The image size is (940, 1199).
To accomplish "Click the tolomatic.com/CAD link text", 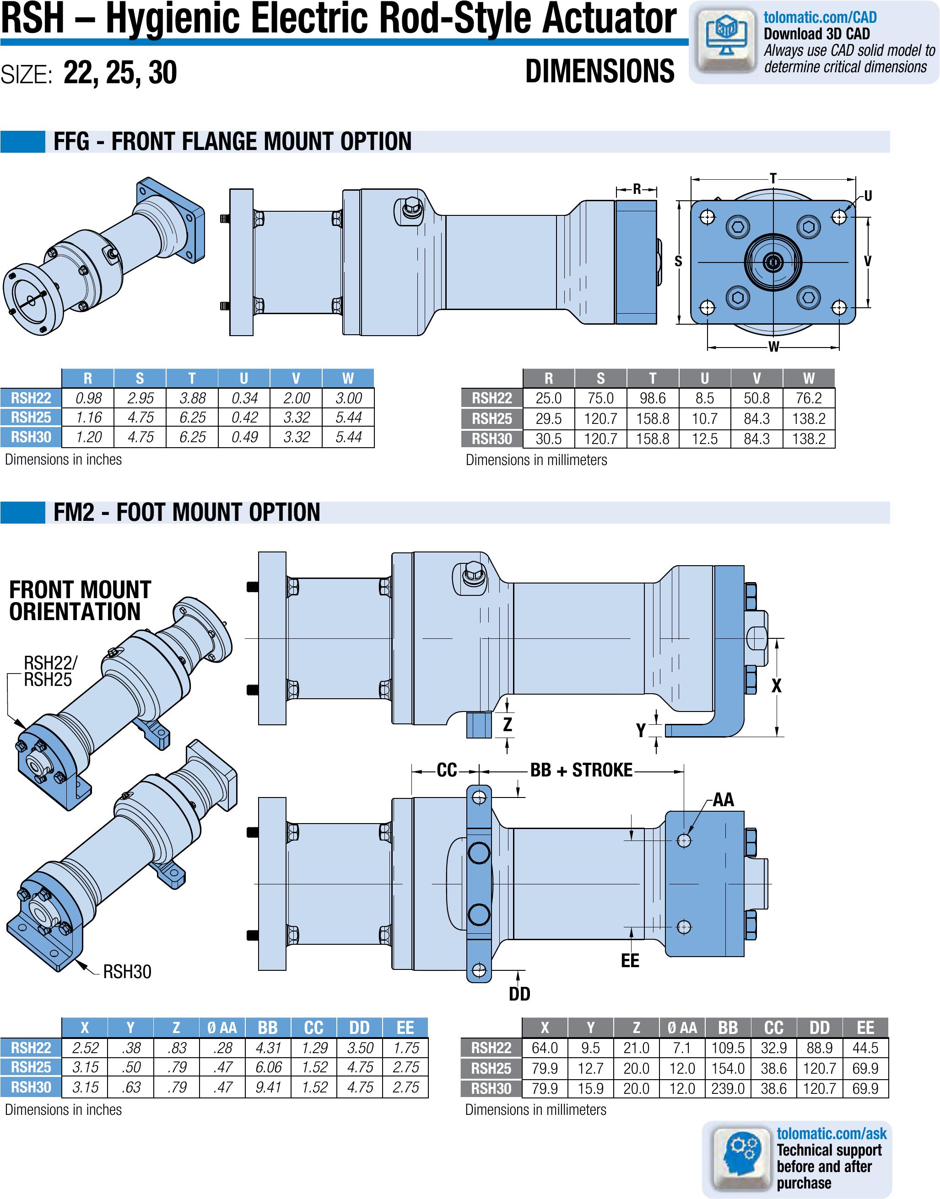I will tap(820, 17).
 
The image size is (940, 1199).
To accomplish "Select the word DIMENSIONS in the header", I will tap(600, 71).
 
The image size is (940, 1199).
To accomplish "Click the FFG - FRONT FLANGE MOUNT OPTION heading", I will tap(232, 141).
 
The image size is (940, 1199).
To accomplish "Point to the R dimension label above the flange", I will tap(637, 189).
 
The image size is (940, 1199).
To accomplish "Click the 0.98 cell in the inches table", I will tap(88, 398).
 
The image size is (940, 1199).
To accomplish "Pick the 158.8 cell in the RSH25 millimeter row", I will tap(652, 418).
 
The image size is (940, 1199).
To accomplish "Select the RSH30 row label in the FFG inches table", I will tap(31, 437).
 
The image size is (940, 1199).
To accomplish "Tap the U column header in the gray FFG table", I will tap(704, 378).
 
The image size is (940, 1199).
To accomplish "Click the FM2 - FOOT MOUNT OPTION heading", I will tap(187, 512).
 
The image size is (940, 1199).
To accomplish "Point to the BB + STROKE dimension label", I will tap(581, 770).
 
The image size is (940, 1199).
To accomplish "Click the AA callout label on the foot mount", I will tap(723, 800).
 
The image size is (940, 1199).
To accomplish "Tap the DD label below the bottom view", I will tap(519, 994).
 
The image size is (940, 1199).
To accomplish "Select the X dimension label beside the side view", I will tap(776, 685).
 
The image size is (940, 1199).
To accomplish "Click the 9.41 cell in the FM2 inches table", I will tap(268, 1087).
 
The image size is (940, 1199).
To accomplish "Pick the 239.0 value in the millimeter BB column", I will tap(728, 1088).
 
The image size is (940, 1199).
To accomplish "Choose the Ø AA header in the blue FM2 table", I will tap(222, 1028).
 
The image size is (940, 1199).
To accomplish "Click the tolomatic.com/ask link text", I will tap(831, 1134).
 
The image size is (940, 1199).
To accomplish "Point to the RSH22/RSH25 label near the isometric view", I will tap(50, 671).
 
